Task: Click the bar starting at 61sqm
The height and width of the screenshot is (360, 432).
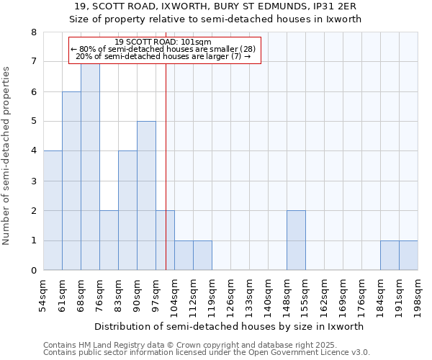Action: click(x=71, y=181)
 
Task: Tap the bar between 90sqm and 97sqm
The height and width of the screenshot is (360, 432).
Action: click(x=146, y=196)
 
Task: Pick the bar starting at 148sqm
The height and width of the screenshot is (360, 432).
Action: click(x=296, y=240)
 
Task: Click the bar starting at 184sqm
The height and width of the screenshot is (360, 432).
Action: click(x=390, y=256)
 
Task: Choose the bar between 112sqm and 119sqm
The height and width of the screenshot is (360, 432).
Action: click(x=202, y=256)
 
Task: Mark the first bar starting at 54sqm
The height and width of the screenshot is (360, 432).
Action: click(x=53, y=210)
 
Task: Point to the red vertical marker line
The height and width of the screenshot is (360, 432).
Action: click(x=166, y=180)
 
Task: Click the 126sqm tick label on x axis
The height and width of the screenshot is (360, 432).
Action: click(x=231, y=294)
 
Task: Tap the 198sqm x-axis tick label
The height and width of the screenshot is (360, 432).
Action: click(x=418, y=294)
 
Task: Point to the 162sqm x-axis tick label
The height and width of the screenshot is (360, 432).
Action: click(x=325, y=294)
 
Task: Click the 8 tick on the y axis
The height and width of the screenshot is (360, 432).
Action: click(x=33, y=32)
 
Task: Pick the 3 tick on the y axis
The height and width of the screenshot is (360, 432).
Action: click(x=33, y=181)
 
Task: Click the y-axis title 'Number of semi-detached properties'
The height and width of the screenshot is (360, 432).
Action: click(x=7, y=156)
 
